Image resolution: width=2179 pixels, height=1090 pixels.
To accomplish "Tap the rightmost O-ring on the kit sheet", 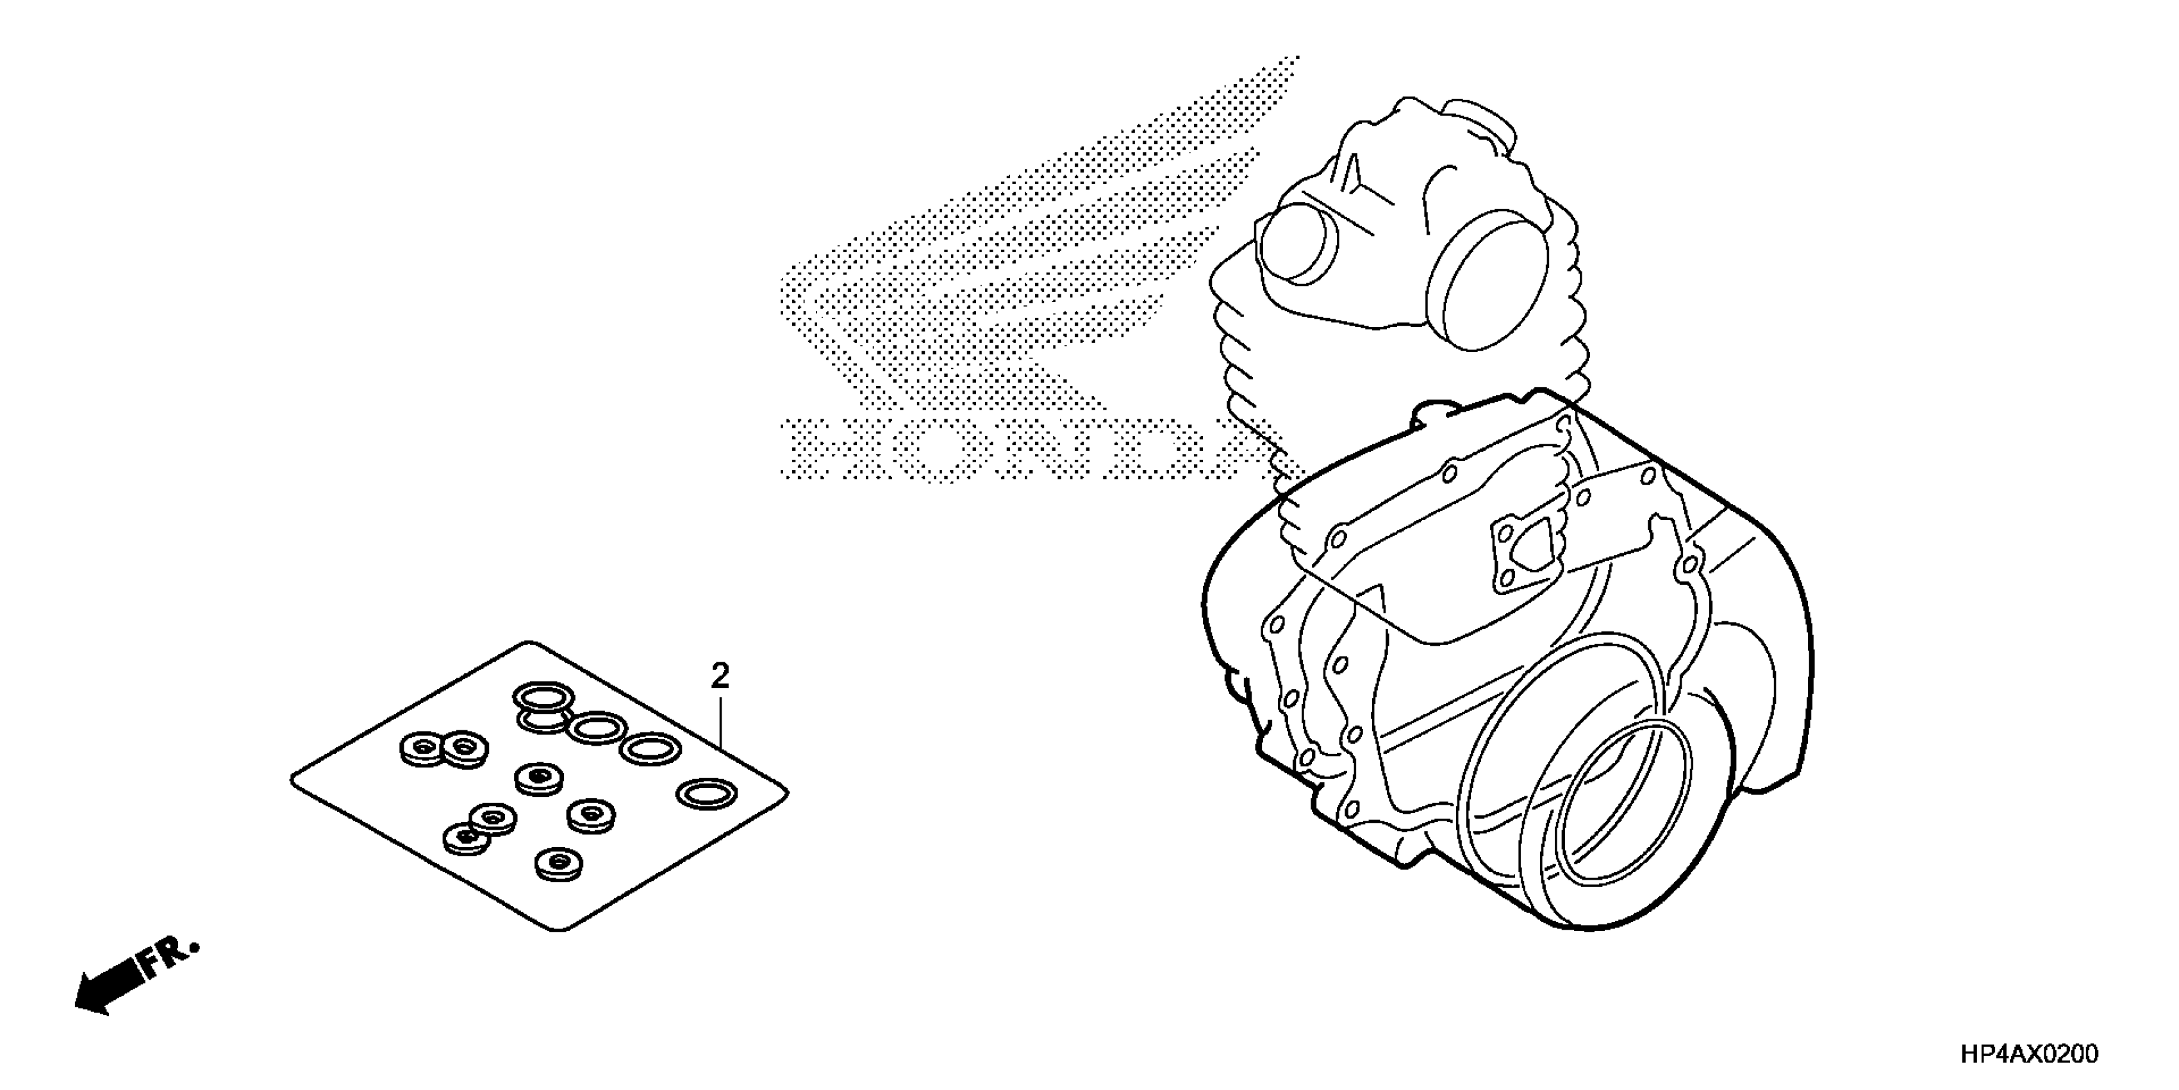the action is coord(707,793).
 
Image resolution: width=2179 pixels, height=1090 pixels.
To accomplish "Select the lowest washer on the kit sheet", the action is coord(559,862).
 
